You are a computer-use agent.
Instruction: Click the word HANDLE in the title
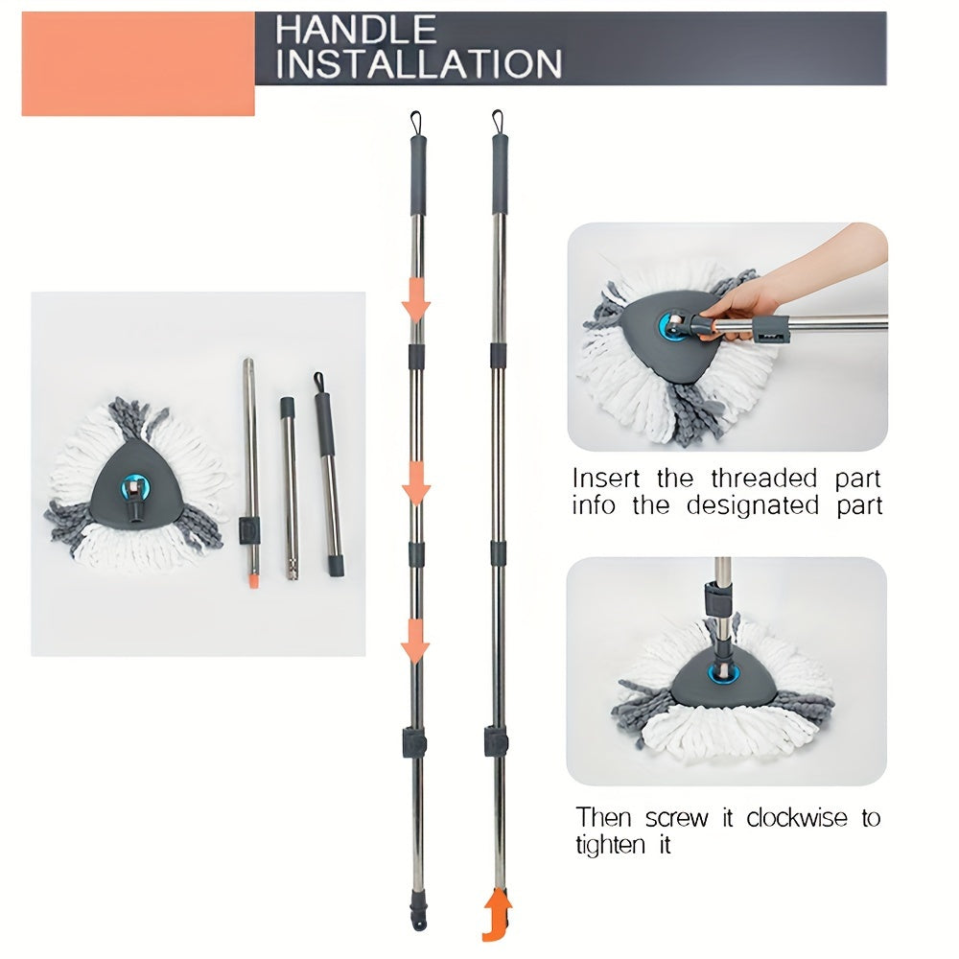(356, 30)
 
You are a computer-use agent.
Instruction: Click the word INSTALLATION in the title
(419, 63)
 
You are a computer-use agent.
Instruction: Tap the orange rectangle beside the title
(138, 63)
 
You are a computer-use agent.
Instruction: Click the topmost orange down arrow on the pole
(416, 299)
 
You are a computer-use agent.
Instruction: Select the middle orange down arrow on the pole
(416, 483)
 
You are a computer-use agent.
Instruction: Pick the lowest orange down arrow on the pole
(415, 641)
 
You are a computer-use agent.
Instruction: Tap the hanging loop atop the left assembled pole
(416, 123)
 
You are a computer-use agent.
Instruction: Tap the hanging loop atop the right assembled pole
(497, 123)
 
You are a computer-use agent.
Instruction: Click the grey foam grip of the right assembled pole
(500, 175)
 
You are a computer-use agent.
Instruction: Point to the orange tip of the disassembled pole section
(253, 578)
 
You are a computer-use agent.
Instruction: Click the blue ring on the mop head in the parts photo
(132, 487)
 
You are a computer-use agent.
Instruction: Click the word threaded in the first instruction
(764, 478)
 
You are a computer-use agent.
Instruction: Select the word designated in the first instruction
(752, 505)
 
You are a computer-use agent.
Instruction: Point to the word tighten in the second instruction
(610, 845)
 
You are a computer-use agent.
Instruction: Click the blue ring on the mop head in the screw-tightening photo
(723, 674)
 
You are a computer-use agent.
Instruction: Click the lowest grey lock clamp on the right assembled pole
(496, 741)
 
